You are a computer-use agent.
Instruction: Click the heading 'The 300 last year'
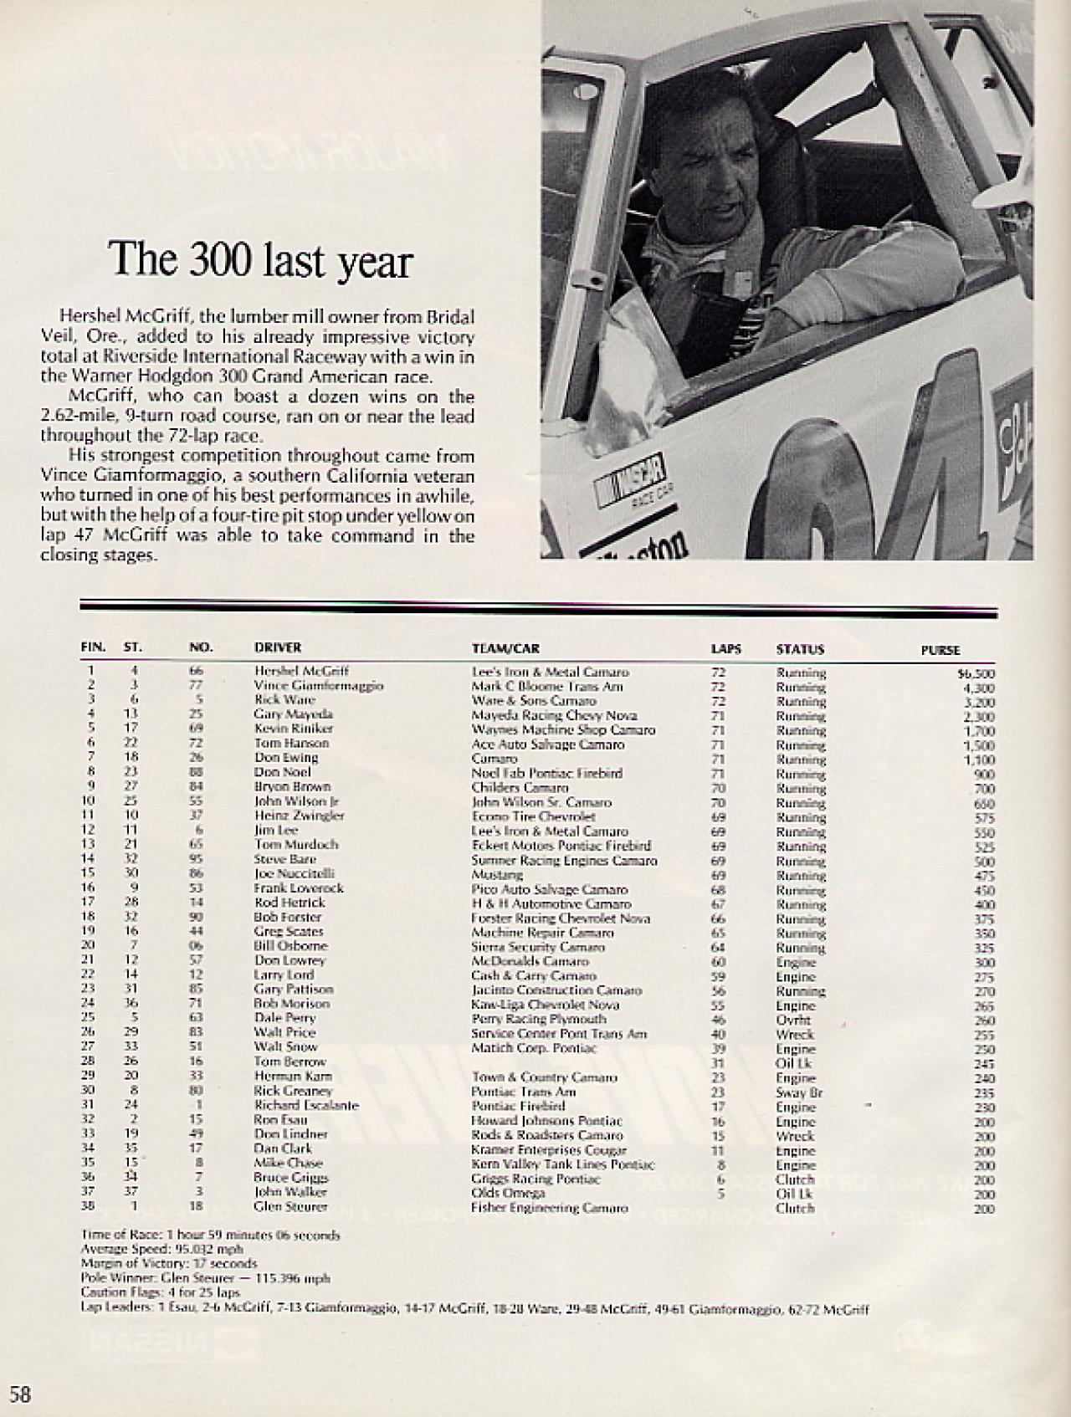tap(261, 260)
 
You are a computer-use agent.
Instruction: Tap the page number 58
tap(20, 1394)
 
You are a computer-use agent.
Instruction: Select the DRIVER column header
tap(278, 647)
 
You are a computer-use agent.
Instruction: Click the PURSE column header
tap(940, 650)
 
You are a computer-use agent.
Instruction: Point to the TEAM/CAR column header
tap(506, 648)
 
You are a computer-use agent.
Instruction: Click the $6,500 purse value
tap(976, 673)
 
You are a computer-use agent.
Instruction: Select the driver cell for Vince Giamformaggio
tap(318, 685)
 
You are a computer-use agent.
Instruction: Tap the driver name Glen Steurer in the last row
tap(290, 1206)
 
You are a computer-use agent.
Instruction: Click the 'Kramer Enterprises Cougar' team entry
tap(549, 1150)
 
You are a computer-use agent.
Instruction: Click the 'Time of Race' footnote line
tap(211, 1235)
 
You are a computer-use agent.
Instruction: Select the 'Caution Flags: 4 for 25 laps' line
tap(161, 1292)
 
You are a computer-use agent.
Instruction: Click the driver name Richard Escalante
tap(306, 1105)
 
